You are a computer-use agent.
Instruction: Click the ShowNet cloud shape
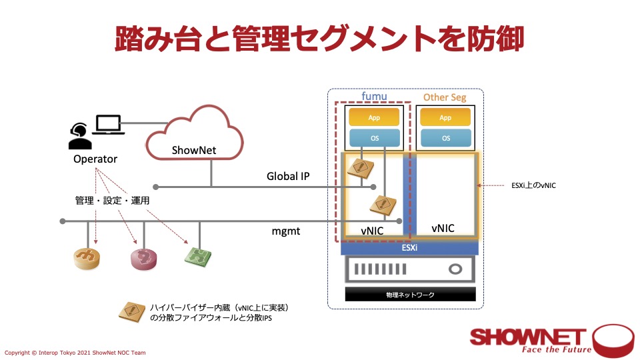193,137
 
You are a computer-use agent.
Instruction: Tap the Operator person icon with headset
80,136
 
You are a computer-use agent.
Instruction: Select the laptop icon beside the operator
107,125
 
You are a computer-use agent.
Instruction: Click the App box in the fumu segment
375,117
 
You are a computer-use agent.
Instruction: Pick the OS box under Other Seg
445,139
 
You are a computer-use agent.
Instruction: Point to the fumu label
374,97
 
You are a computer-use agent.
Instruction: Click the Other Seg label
445,97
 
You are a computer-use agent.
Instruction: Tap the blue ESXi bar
409,247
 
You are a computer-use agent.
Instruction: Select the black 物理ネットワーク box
410,294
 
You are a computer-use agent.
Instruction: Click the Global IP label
288,177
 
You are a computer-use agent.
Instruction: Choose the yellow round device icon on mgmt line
87,258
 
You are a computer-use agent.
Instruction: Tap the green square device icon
198,257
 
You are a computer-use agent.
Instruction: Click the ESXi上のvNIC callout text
531,186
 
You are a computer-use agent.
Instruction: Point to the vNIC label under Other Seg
443,228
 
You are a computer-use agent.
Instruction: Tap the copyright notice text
75,352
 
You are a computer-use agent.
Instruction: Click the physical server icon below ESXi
410,270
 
